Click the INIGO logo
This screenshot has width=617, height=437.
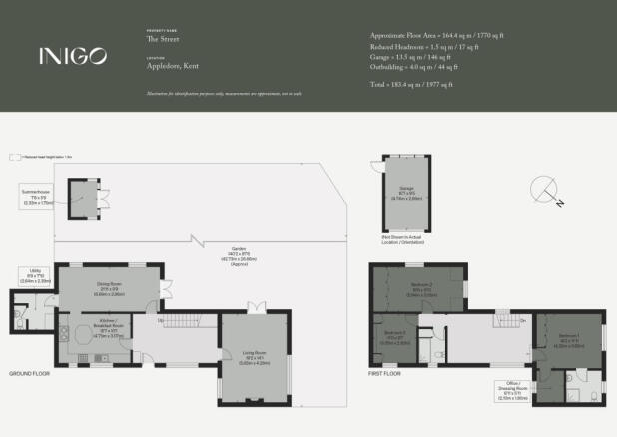click(x=72, y=56)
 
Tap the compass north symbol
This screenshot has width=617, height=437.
click(x=546, y=191)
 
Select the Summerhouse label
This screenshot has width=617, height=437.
click(x=36, y=194)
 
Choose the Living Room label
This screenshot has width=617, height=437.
click(x=256, y=357)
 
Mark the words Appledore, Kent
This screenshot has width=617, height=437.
click(x=167, y=62)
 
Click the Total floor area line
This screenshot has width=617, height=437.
click(x=411, y=86)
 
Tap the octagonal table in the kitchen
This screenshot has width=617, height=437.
click(x=76, y=334)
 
